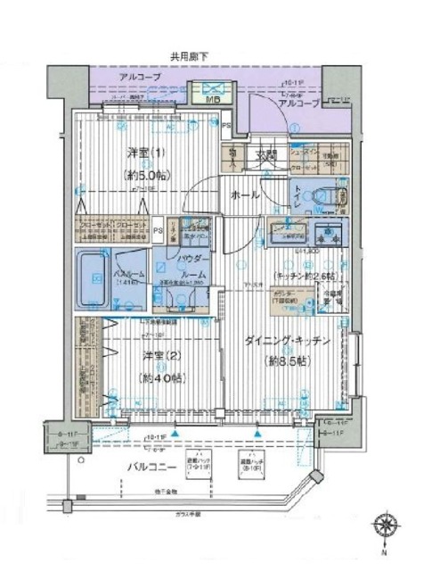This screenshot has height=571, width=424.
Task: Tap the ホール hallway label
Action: tap(246, 194)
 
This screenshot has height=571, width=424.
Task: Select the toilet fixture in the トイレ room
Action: tap(326, 194)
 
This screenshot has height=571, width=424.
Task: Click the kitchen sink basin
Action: tap(289, 236)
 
